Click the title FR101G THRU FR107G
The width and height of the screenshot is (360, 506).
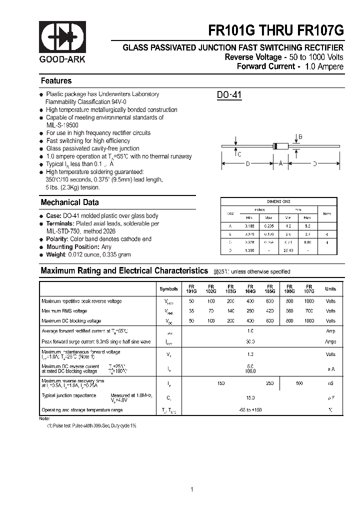tap(276, 30)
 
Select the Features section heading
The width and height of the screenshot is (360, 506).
tap(56, 81)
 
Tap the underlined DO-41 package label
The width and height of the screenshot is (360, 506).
tap(229, 95)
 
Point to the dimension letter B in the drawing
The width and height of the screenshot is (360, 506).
tap(300, 137)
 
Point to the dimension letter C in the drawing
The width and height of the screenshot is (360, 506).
tap(239, 154)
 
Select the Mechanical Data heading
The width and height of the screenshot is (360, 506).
tap(69, 202)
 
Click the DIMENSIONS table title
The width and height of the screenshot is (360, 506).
tap(278, 201)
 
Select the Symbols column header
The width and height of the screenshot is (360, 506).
tap(168, 289)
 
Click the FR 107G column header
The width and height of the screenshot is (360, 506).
tap(309, 288)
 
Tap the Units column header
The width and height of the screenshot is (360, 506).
tap(330, 289)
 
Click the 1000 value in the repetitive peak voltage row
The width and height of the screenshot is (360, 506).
tap(309, 301)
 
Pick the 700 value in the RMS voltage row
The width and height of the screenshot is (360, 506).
tap(309, 311)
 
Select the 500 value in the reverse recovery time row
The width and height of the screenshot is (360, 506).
tap(299, 383)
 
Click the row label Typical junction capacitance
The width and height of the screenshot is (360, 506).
tap(69, 395)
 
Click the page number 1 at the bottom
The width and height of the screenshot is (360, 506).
tap(192, 475)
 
